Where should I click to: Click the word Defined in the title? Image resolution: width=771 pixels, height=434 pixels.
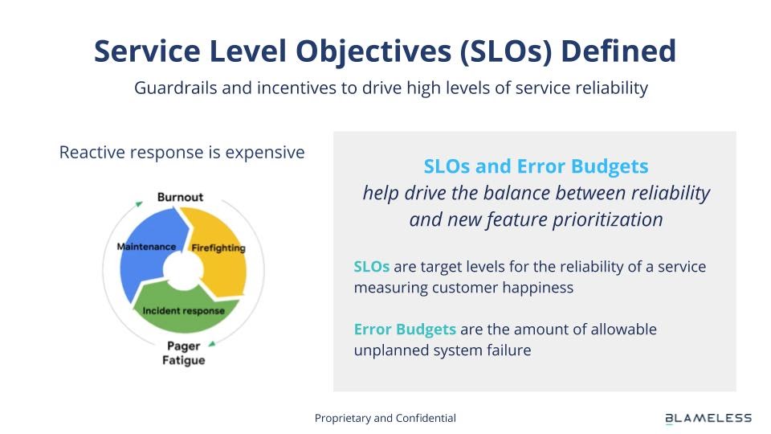pos(618,51)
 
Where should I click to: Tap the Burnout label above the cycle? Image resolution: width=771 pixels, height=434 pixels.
pos(180,197)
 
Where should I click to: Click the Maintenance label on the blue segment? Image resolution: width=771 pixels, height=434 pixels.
pos(146,247)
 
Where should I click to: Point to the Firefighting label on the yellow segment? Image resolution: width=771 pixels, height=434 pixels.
pos(218,248)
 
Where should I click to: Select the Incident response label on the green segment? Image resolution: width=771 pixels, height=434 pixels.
pos(183,311)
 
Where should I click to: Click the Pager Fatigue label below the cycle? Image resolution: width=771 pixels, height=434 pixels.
pos(183,353)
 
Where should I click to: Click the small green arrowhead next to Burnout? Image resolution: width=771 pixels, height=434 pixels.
pos(139,203)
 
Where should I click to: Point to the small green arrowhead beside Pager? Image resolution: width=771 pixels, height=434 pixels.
pos(212,344)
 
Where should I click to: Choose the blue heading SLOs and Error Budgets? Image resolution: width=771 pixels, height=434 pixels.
pos(536,166)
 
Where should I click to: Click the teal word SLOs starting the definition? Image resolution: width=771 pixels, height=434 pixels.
pos(372,267)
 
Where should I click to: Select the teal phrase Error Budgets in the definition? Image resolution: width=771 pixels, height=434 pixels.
pos(405,330)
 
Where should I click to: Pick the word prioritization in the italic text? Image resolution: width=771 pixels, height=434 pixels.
pos(608,219)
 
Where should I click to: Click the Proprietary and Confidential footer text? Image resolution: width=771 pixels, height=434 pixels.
pos(385,418)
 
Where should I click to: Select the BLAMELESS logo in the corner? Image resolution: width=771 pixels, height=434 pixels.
pos(708,418)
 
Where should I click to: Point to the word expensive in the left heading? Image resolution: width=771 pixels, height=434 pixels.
pos(265,153)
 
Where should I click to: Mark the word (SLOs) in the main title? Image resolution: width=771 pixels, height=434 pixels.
pos(506,51)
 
